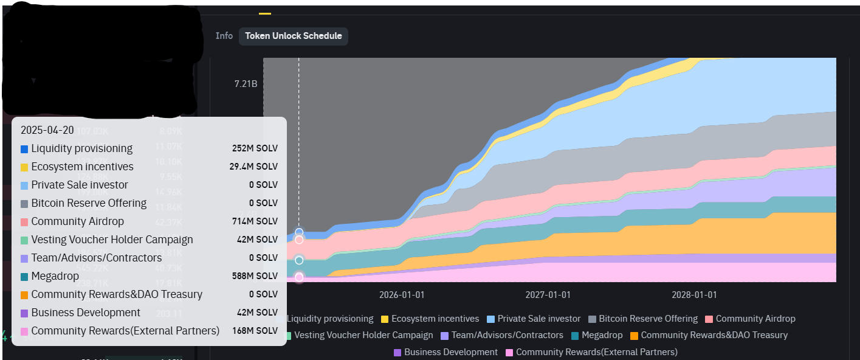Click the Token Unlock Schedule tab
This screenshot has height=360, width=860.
(293, 36)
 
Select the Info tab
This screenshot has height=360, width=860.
(224, 36)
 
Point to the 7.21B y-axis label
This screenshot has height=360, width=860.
(246, 83)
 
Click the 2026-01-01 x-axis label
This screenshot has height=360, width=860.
(401, 295)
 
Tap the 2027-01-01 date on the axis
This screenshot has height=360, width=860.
(548, 295)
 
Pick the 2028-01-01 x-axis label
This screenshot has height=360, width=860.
(694, 295)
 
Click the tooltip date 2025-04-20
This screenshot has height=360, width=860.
(47, 130)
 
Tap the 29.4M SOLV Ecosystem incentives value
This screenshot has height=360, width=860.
(255, 167)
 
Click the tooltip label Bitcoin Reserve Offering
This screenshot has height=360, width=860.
(89, 203)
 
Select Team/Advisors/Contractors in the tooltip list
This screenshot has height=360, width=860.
(96, 258)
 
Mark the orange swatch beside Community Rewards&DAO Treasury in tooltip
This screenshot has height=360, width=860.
(24, 295)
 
